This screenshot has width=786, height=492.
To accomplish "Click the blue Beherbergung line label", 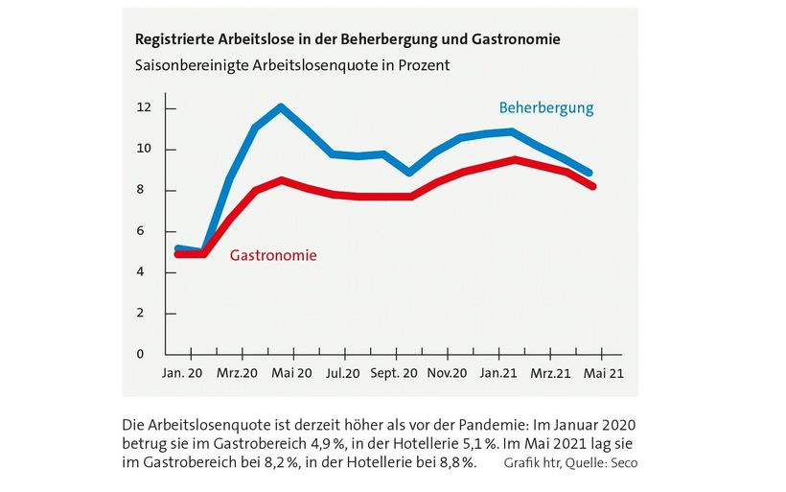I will click(x=545, y=107).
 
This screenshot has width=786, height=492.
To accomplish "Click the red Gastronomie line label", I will click(x=273, y=255).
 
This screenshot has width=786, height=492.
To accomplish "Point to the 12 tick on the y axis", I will click(x=145, y=108).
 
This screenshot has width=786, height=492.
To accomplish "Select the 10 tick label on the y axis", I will click(x=145, y=150).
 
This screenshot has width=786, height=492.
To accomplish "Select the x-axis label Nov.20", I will click(x=447, y=373).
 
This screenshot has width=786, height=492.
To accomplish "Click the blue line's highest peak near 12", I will click(x=280, y=106).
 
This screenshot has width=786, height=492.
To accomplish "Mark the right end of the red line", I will click(x=593, y=186).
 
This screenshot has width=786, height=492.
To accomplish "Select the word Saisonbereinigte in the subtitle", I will click(x=185, y=66).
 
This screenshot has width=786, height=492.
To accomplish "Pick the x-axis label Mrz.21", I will click(x=552, y=373).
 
